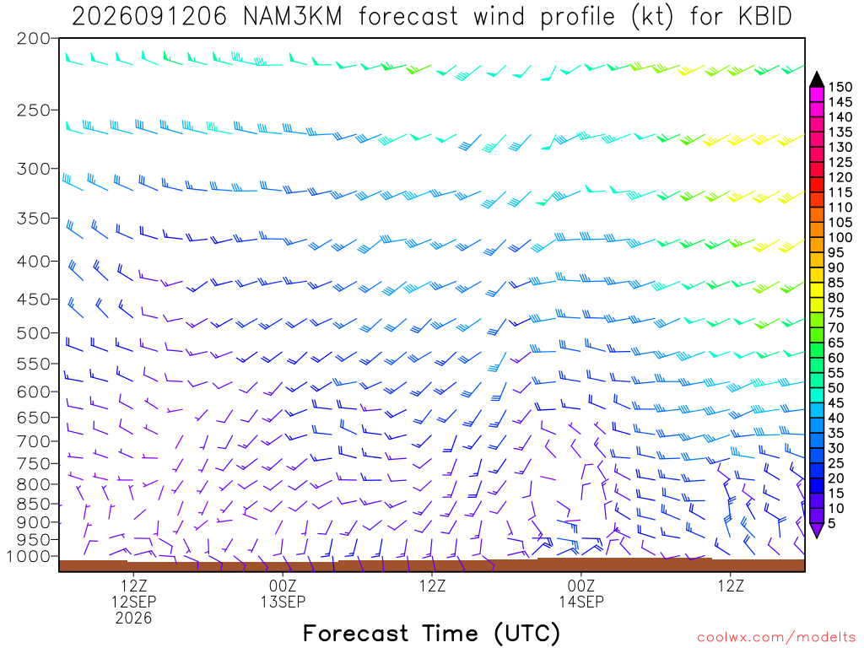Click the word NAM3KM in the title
(x=292, y=17)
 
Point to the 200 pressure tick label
(x=33, y=39)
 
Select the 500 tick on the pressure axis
(x=33, y=332)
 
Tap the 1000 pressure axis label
(x=28, y=557)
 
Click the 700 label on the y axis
(x=33, y=441)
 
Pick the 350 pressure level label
(x=33, y=219)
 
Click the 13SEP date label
(x=283, y=602)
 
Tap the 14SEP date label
(x=581, y=602)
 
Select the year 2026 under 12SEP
(x=133, y=618)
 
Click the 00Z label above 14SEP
(x=581, y=586)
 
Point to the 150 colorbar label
(x=840, y=87)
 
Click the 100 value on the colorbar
(x=840, y=237)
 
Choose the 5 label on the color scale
(x=832, y=523)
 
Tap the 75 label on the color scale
(x=836, y=312)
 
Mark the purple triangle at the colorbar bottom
(x=817, y=530)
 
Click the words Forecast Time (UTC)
(x=431, y=634)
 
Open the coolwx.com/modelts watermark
(x=775, y=638)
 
